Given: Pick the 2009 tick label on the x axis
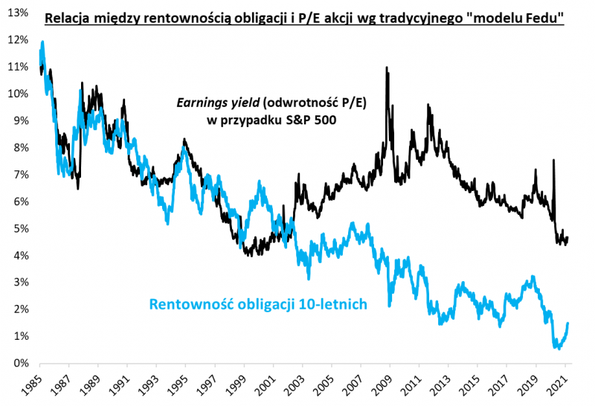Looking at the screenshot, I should [x=382, y=384].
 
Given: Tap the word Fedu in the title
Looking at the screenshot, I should [x=546, y=18].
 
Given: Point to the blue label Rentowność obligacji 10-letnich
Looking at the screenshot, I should [x=258, y=303].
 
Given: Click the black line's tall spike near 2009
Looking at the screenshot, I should [x=386, y=68].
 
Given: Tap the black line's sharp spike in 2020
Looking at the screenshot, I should [x=553, y=160].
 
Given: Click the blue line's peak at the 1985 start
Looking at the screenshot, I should [x=42, y=42].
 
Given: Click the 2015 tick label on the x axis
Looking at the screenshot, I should [x=469, y=384].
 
